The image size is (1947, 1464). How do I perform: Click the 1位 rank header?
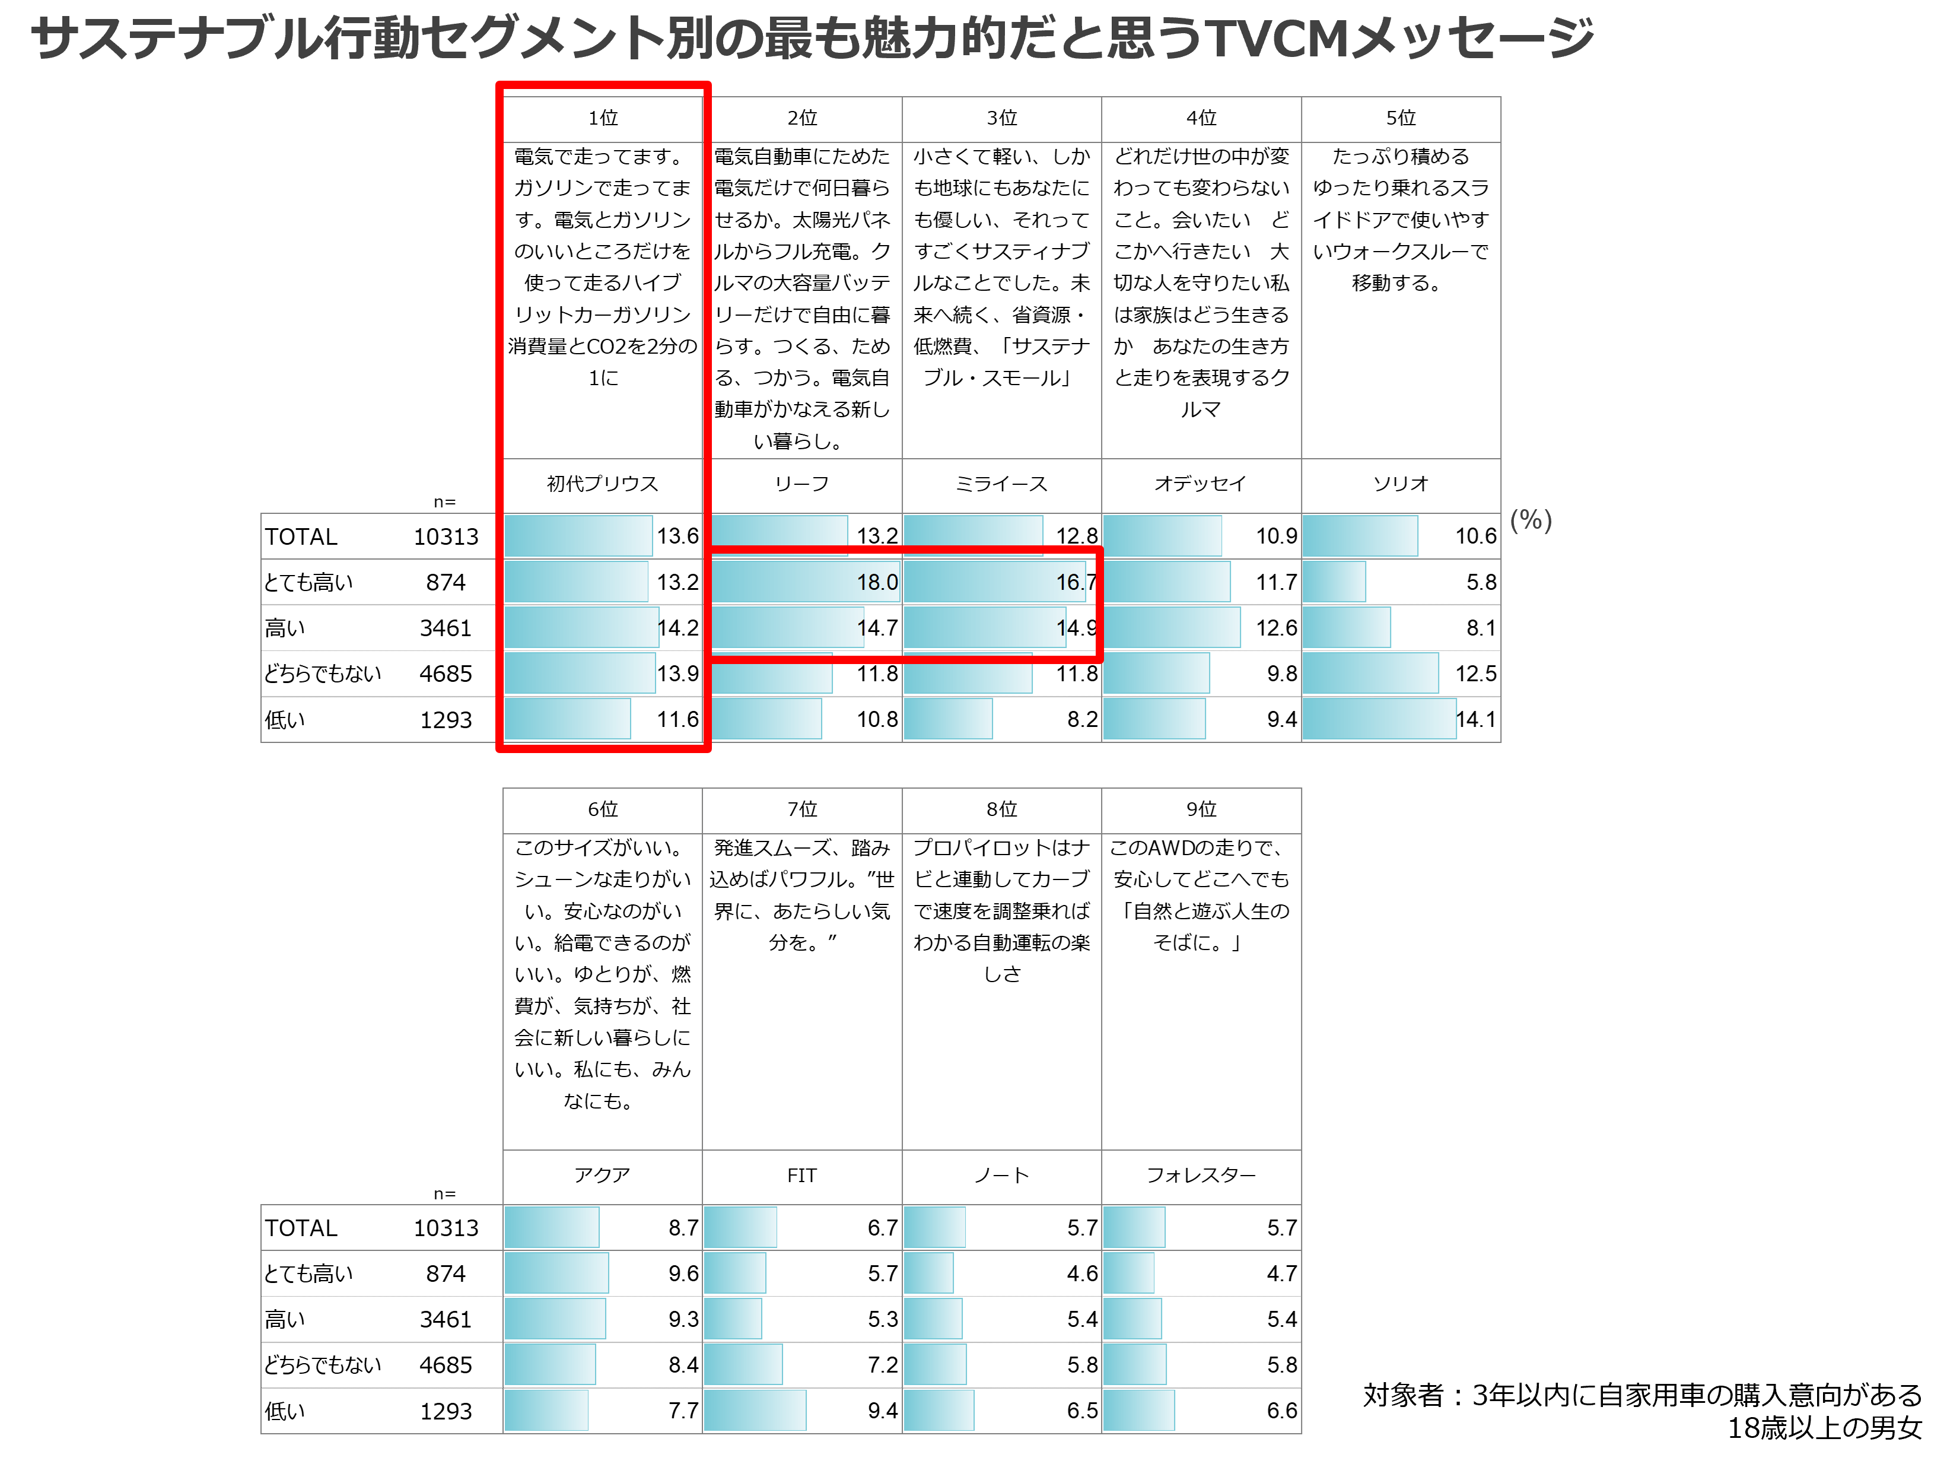(603, 118)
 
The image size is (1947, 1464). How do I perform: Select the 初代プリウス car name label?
(602, 483)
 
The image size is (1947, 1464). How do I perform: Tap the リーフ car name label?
(802, 483)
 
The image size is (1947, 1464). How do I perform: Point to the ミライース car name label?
(1001, 483)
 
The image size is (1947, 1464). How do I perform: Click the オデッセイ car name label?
(1201, 483)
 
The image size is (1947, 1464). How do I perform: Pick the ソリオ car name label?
(1401, 483)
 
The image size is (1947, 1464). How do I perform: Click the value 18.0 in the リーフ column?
(877, 582)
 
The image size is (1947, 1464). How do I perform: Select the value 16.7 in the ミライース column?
(1077, 582)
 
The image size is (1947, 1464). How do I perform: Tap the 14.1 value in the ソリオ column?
(1475, 719)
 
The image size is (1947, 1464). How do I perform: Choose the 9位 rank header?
(1201, 809)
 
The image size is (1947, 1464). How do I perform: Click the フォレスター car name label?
(1201, 1174)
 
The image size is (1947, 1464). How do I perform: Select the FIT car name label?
(802, 1175)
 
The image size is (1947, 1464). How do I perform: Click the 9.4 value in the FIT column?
(882, 1411)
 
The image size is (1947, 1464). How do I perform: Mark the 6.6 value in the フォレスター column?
(1281, 1411)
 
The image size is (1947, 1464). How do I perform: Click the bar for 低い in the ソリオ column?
(1379, 719)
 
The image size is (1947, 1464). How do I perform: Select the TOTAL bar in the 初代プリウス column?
(578, 536)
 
